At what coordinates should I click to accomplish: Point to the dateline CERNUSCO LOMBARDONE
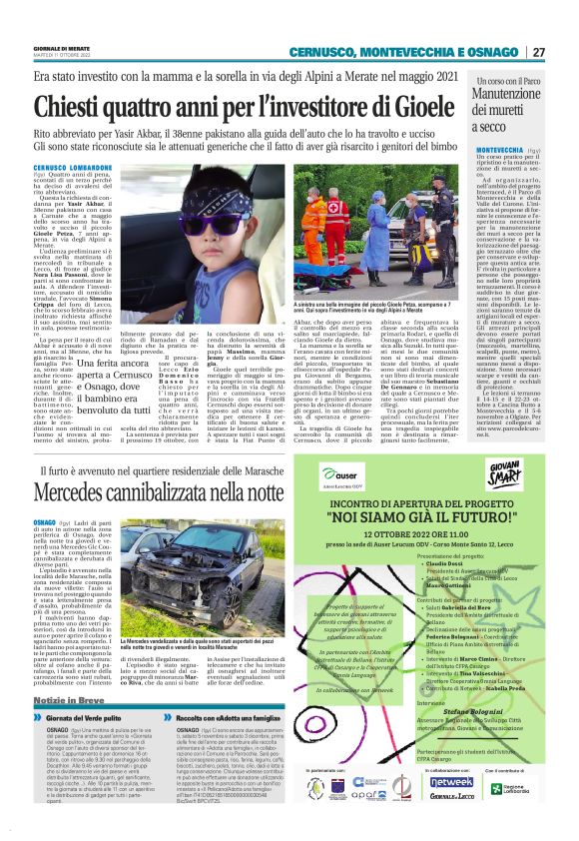pyautogui.click(x=73, y=165)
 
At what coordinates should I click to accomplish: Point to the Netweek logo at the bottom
pyautogui.click(x=451, y=781)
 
